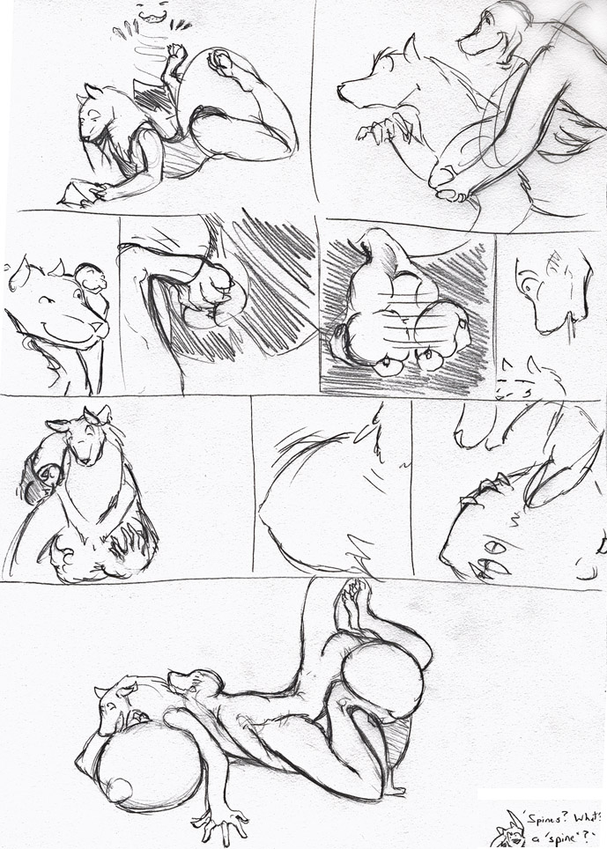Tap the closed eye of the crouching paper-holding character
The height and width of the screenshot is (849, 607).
[96, 113]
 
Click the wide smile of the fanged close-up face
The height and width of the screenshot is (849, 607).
[68, 331]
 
